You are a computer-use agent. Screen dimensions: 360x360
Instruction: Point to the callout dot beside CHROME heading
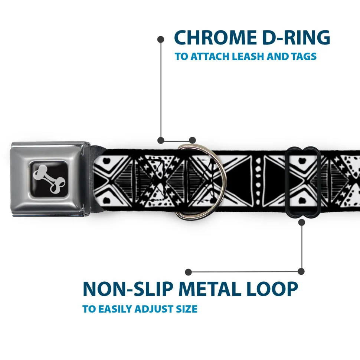[x=161, y=40]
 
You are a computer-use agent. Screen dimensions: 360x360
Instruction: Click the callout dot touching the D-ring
[x=192, y=140]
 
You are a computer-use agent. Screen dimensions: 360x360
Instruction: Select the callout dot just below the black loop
[x=302, y=222]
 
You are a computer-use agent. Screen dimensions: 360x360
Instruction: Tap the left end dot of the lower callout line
[x=188, y=272]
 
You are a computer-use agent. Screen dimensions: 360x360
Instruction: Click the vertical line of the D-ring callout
[x=161, y=90]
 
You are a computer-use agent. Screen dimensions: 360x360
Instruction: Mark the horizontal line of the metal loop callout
[x=245, y=272]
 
